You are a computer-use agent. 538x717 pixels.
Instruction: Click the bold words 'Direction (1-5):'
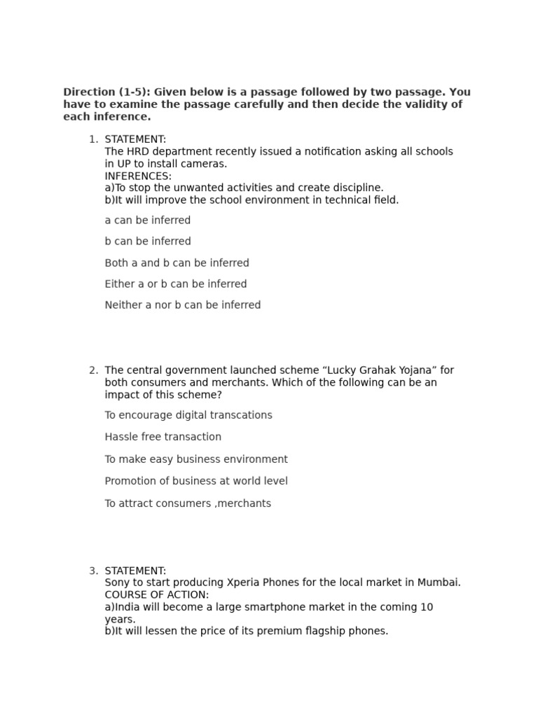point(106,92)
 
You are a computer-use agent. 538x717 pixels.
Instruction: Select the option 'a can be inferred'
point(147,221)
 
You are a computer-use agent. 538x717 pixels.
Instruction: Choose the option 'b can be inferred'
point(147,242)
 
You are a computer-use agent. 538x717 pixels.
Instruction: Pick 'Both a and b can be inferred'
point(177,263)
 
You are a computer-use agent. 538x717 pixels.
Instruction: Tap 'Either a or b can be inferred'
point(175,284)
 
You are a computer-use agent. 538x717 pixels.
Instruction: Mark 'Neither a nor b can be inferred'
point(182,305)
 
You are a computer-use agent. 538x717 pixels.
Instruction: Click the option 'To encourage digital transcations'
point(188,415)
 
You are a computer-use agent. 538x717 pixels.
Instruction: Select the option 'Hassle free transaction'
point(163,437)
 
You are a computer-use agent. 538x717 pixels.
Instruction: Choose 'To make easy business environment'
point(196,459)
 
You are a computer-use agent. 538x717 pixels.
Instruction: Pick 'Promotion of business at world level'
point(196,481)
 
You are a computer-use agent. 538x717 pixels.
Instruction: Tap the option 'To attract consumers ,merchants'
point(188,503)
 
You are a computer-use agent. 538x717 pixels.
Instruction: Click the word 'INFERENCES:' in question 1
point(138,176)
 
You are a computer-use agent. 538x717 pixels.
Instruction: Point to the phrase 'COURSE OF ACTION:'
point(156,595)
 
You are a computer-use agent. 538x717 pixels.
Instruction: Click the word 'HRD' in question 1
point(137,152)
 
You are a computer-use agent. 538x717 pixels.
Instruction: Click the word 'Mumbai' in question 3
point(439,583)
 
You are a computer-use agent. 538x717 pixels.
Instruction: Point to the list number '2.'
point(93,370)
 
